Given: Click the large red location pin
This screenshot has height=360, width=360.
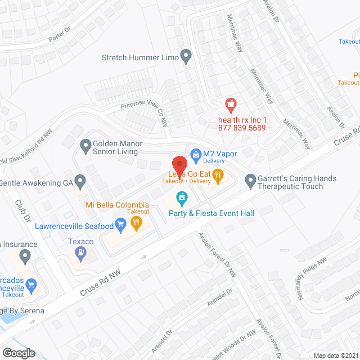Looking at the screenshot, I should coord(179,165).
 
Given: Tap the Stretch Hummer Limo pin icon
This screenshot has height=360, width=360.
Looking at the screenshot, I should coord(186,57).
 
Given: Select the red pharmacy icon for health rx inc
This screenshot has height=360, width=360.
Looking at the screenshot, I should coord(229,104).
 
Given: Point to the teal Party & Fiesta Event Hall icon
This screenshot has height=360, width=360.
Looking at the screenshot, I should coord(181,198).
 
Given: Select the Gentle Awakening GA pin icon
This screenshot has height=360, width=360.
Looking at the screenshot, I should coord(80,182).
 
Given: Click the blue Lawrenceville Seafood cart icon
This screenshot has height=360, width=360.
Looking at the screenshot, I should coord(120,226).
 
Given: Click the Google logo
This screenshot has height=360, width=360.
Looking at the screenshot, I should coord(18,353).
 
